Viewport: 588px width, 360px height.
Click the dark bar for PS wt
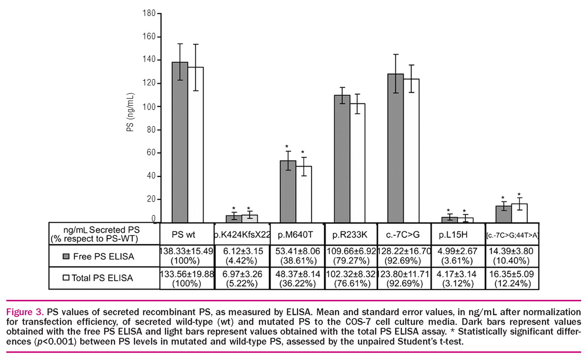[180, 142]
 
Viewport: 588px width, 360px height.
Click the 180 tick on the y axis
[148, 13]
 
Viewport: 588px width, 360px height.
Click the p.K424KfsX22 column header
[242, 234]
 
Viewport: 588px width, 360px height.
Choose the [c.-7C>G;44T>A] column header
[512, 235]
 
